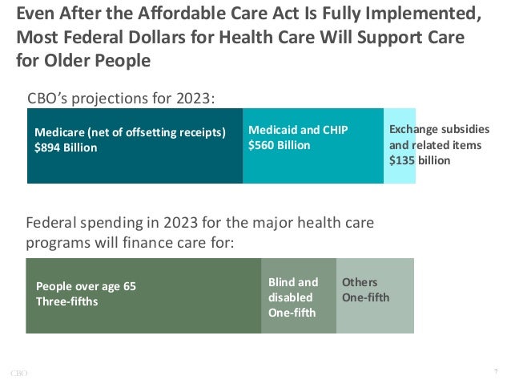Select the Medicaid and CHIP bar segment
(x=312, y=168)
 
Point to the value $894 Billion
(x=66, y=148)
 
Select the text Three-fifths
(x=67, y=301)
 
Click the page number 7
(x=496, y=371)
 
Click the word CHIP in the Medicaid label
(x=334, y=130)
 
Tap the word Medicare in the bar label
(x=60, y=132)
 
